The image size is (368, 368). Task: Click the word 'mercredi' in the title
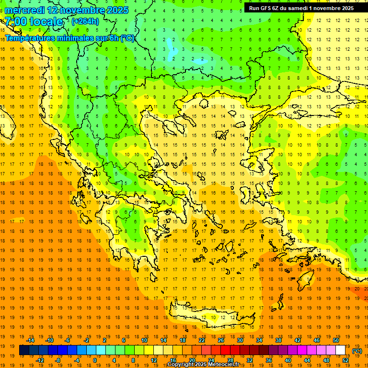(x=25, y=10)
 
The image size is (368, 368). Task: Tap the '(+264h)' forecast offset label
(x=85, y=21)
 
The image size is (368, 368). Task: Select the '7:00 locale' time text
(x=34, y=22)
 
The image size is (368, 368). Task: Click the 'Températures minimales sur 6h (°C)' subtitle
(x=70, y=38)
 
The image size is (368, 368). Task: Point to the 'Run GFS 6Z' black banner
(x=301, y=8)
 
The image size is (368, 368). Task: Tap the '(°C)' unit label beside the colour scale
(x=357, y=351)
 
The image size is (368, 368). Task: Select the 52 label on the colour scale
(x=345, y=360)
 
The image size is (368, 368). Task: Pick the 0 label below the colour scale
(x=94, y=360)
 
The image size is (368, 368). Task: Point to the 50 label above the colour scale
(x=336, y=340)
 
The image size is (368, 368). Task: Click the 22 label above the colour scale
(x=202, y=340)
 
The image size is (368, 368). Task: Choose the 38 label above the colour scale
(x=278, y=340)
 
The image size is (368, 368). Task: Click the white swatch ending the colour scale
(x=341, y=350)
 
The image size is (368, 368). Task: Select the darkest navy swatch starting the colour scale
(x=24, y=350)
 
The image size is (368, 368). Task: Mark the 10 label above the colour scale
(x=144, y=340)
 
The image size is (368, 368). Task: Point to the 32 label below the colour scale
(x=250, y=360)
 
